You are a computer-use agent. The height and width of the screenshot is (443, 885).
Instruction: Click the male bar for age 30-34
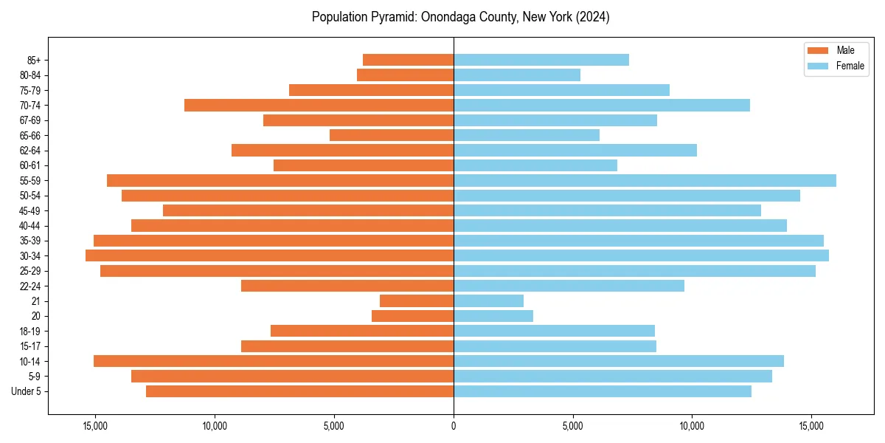click(x=269, y=255)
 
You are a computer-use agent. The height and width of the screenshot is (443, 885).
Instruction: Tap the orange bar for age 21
click(x=417, y=301)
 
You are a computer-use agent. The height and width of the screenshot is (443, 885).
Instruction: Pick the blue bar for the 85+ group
click(x=541, y=60)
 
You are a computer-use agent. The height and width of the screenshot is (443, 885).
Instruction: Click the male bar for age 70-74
click(x=319, y=105)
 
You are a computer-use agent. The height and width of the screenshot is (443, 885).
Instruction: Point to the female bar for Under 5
click(x=603, y=391)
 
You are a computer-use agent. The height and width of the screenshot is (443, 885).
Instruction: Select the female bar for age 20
click(x=493, y=316)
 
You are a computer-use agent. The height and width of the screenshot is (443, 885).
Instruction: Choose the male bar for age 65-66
click(x=392, y=135)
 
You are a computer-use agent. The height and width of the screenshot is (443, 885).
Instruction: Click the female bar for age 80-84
click(x=517, y=75)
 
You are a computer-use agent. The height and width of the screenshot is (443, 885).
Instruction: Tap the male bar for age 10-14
click(x=274, y=361)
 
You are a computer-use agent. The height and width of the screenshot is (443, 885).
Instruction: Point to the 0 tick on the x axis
click(x=454, y=426)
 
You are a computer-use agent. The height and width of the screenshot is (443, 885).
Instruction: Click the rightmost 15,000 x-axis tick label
click(x=812, y=426)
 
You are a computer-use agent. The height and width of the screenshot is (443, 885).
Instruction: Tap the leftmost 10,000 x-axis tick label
click(x=215, y=426)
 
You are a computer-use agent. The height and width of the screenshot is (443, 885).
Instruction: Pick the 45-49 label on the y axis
click(x=29, y=210)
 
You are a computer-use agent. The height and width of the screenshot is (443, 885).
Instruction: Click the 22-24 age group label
click(x=29, y=286)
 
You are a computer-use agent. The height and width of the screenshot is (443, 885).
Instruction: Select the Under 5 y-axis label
click(x=27, y=391)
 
